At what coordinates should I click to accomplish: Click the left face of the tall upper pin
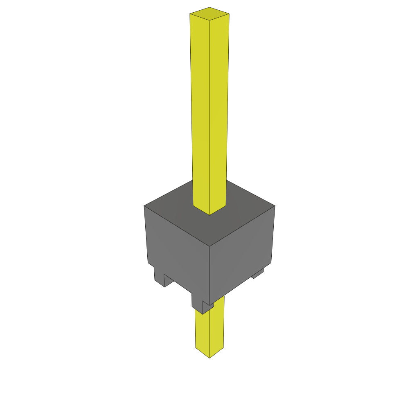point(200,110)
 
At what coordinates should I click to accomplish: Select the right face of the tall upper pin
point(219,110)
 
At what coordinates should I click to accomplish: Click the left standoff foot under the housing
point(159,277)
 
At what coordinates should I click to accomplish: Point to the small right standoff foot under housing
point(258,273)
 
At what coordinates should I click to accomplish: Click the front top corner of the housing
point(209,246)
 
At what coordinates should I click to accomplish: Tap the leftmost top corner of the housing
point(144,206)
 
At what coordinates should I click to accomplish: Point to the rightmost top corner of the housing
point(275,206)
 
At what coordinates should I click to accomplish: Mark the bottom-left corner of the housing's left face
point(148,264)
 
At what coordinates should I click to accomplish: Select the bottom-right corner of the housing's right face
point(272,263)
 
